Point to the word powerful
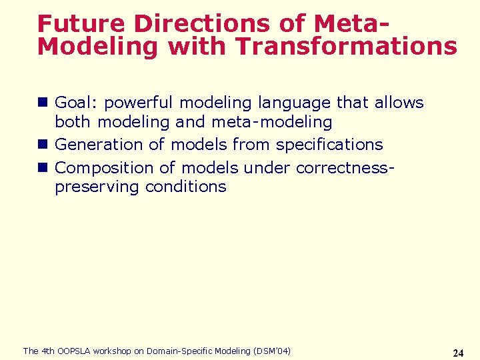139,103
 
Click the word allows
399,103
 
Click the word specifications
329,145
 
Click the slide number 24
458,353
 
